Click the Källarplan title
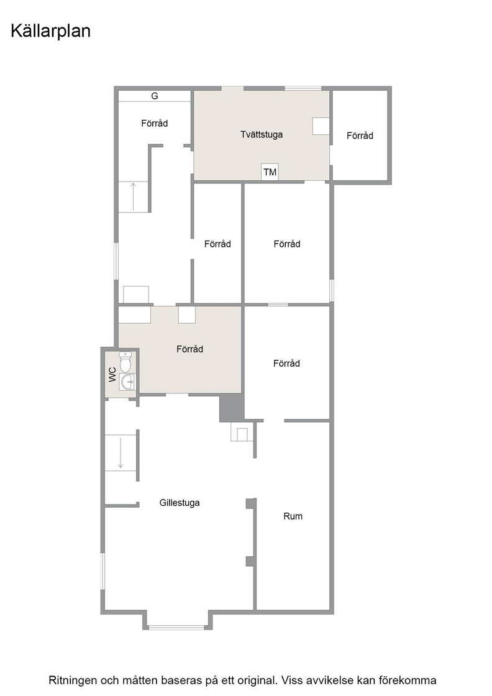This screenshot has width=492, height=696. coord(50,31)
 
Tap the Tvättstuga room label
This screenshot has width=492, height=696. coord(262,134)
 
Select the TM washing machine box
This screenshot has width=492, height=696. coord(270,172)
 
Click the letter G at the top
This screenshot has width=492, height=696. coord(155,96)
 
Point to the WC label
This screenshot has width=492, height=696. coord(112,374)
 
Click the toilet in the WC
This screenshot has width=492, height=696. coord(126,362)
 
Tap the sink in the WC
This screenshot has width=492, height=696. coord(128,382)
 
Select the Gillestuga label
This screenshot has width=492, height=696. coord(180,503)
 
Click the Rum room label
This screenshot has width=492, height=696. coord(293,516)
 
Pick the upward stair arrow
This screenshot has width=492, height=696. coord(133,196)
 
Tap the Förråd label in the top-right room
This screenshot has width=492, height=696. coord(360,135)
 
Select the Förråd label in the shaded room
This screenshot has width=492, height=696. coord(189,349)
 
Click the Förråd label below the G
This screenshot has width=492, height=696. coord(155,123)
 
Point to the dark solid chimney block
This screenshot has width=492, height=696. coord(232,408)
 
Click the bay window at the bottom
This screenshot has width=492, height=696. coord(176,627)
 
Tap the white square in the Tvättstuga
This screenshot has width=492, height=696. coord(321,126)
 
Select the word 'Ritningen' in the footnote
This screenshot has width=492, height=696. coord(72,680)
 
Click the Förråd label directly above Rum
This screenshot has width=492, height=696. coord(286,363)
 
